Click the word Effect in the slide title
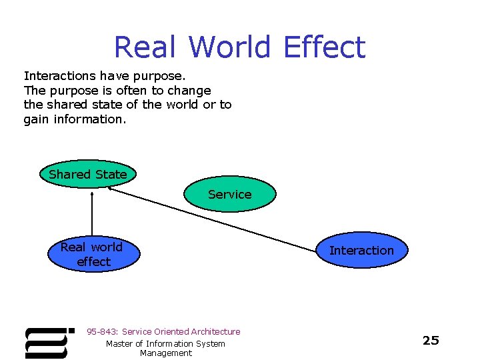324,48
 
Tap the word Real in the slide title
145,48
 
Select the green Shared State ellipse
88,175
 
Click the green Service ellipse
229,194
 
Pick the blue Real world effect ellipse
92,255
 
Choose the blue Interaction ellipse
361,251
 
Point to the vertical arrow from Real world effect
92,213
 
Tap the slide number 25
431,341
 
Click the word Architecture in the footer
215,331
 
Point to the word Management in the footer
165,353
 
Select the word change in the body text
190,91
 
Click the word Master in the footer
120,343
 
